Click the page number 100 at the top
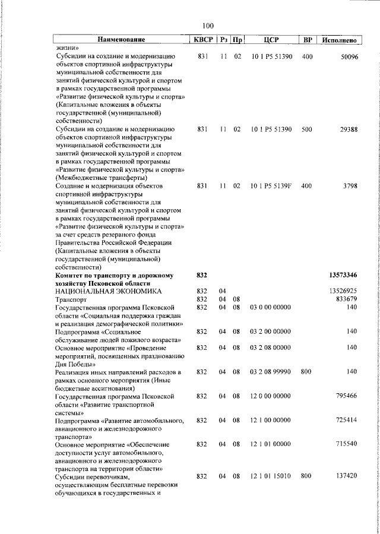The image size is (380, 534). pos(208,26)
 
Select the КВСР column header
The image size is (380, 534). pos(202,40)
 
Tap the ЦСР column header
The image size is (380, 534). pos(271,40)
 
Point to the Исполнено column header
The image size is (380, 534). pos(339,40)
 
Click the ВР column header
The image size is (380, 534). pos(307,40)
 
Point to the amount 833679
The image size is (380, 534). pos(345,299)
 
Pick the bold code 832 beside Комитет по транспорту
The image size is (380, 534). pos(202,276)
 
